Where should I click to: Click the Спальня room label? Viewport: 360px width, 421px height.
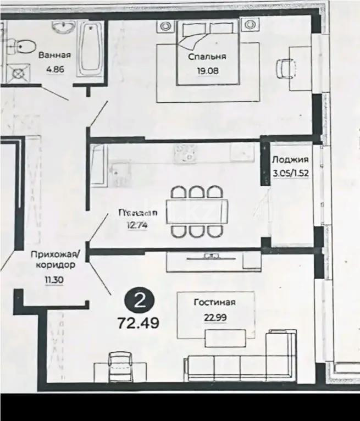pyautogui.click(x=207, y=57)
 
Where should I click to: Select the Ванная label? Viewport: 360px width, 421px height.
pyautogui.click(x=54, y=55)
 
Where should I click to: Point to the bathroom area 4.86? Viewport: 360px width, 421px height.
pyautogui.click(x=54, y=70)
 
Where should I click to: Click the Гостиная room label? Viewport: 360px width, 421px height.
pyautogui.click(x=214, y=302)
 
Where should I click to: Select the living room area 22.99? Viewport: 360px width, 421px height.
pyautogui.click(x=214, y=317)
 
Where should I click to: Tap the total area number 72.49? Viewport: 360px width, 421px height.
pyautogui.click(x=138, y=323)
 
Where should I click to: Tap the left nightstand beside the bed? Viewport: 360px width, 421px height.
pyautogui.click(x=164, y=25)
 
